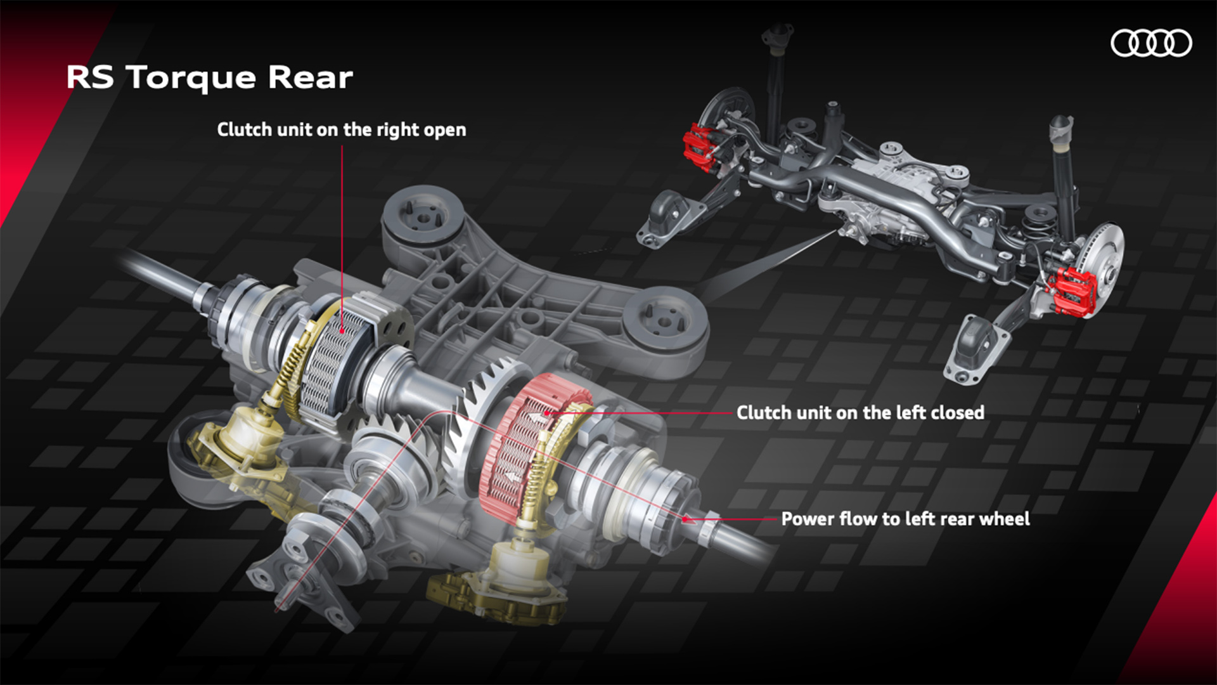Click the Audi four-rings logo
[x=1151, y=43]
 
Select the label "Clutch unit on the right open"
[x=342, y=129]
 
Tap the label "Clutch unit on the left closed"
[x=860, y=413]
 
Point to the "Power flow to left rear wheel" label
[x=905, y=519]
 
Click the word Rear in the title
[x=310, y=77]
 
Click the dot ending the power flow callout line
[x=685, y=519]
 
